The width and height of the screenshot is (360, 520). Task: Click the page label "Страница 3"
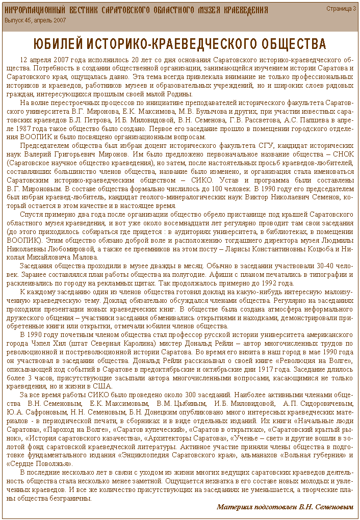click(x=341, y=9)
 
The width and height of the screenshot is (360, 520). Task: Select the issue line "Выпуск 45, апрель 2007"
click(x=35, y=20)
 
